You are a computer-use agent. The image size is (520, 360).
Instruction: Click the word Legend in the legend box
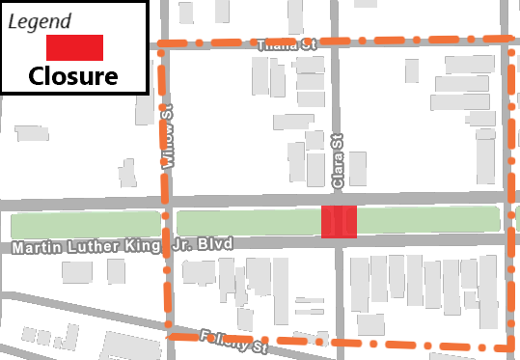pos(40,20)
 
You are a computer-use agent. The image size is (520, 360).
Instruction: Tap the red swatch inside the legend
pos(74,47)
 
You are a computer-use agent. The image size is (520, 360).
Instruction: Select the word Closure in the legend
pos(73,76)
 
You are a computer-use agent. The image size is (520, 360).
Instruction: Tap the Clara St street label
pos(338,161)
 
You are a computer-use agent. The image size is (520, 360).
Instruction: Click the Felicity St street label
pos(233,342)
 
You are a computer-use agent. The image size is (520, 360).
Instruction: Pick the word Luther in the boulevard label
pos(92,248)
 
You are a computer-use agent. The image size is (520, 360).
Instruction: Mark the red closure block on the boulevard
pos(339,221)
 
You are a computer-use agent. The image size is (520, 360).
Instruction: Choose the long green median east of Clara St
pos(429,220)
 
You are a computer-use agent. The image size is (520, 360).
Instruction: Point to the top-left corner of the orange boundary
pos(160,44)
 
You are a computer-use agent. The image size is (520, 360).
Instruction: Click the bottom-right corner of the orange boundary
pos(510,346)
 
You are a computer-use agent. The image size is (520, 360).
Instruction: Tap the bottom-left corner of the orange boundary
pos(168,337)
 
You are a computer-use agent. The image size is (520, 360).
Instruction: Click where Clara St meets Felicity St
pos(339,343)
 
